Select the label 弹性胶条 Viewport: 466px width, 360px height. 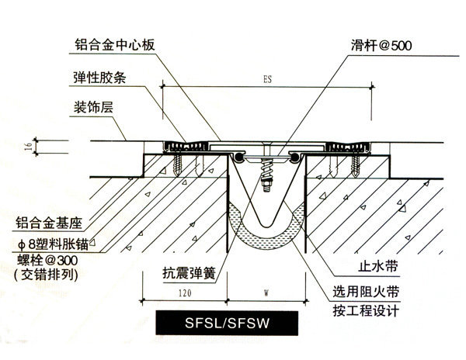(96, 76)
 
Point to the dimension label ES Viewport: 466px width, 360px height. (267, 78)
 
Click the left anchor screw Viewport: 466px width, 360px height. (180, 164)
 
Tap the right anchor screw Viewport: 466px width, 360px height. (356, 164)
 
